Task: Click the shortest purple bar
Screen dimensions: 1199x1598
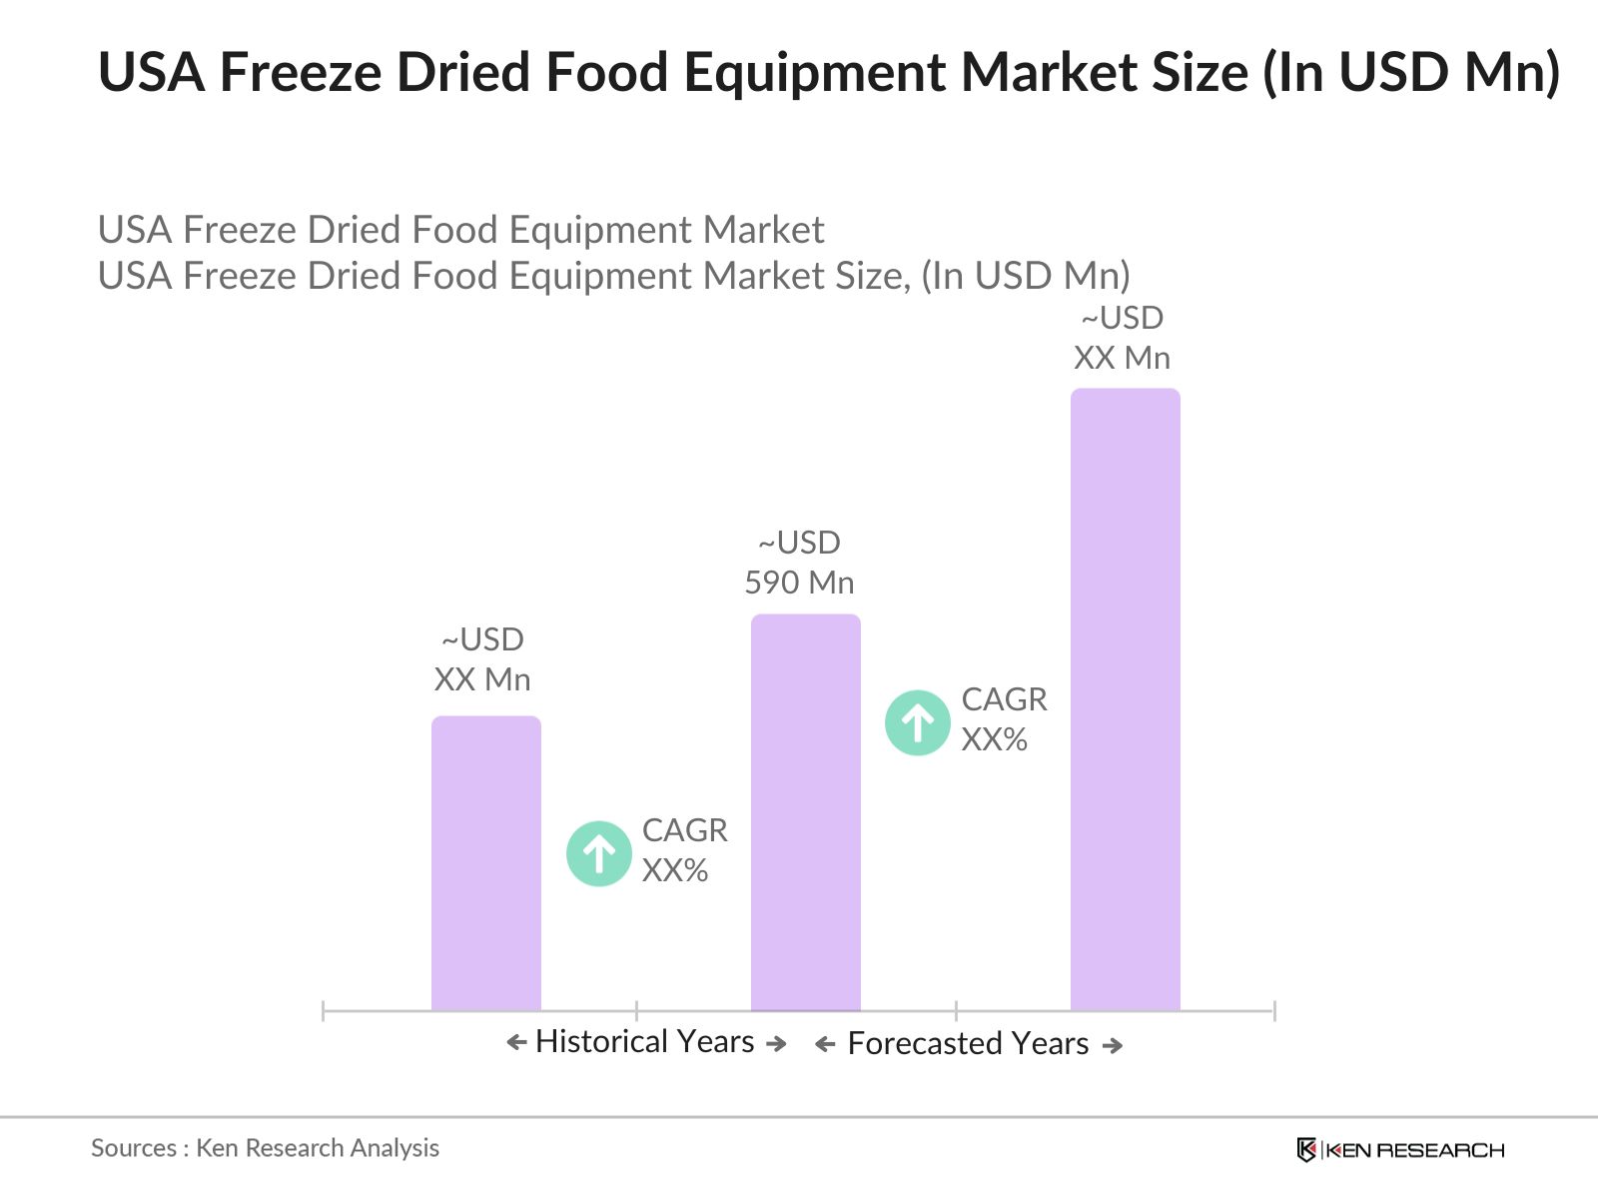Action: [485, 863]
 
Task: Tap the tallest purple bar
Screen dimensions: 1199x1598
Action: [1125, 699]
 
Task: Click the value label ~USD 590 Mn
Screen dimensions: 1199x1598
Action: [799, 563]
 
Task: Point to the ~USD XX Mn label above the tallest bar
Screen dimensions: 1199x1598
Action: [1122, 338]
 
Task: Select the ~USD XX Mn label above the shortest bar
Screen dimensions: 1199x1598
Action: [482, 659]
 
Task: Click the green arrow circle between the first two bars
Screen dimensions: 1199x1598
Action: [598, 853]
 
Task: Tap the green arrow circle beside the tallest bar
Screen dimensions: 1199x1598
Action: [917, 722]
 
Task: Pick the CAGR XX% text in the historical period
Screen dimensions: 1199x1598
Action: [684, 850]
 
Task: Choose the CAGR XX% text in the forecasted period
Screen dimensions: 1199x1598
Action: [1004, 719]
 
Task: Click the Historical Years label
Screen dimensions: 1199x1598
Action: [645, 1042]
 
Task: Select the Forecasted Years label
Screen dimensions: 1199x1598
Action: [968, 1044]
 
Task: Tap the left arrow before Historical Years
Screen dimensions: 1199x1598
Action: [516, 1043]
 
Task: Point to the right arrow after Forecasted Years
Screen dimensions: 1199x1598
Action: [1112, 1045]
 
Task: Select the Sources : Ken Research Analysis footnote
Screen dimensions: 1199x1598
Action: [265, 1148]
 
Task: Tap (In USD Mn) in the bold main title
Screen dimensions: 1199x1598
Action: [1410, 72]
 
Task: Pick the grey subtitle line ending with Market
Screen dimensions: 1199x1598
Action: [460, 230]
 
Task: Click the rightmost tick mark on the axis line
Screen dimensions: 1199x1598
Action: [1274, 1011]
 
